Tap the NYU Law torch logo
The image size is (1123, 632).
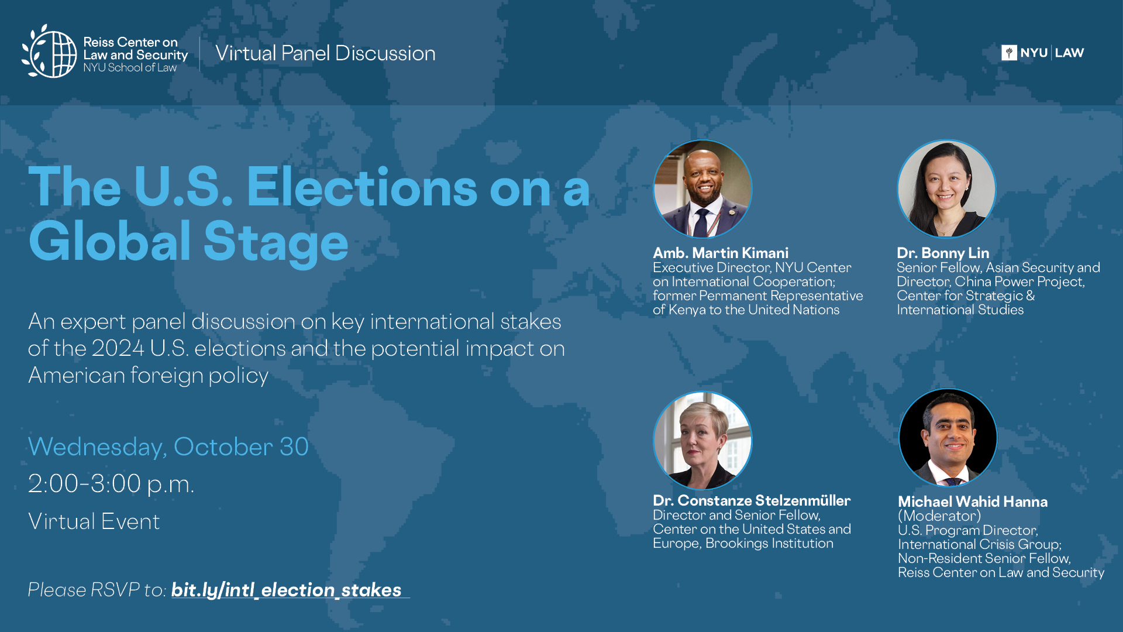click(1009, 53)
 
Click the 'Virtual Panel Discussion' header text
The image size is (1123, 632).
click(325, 53)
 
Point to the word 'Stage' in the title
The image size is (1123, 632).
click(275, 241)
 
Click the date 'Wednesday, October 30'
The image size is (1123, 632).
click(168, 446)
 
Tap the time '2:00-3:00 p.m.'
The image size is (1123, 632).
click(111, 484)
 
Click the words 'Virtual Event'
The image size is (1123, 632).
click(94, 521)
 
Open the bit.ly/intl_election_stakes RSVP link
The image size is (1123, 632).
click(287, 590)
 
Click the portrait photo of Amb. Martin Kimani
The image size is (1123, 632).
click(702, 188)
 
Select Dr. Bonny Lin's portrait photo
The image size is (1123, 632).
click(946, 188)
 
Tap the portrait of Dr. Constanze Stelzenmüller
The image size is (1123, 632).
click(702, 440)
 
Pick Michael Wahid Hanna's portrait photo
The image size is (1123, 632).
click(948, 438)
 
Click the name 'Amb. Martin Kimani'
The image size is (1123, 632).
click(721, 253)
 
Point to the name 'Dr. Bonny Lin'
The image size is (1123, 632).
click(943, 253)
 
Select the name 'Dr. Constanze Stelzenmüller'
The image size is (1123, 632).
click(752, 500)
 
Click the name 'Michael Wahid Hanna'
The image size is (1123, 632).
click(973, 502)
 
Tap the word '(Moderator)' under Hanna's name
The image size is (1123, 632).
click(939, 516)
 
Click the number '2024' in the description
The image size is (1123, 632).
click(118, 348)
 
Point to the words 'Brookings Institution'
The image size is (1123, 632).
click(769, 543)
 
